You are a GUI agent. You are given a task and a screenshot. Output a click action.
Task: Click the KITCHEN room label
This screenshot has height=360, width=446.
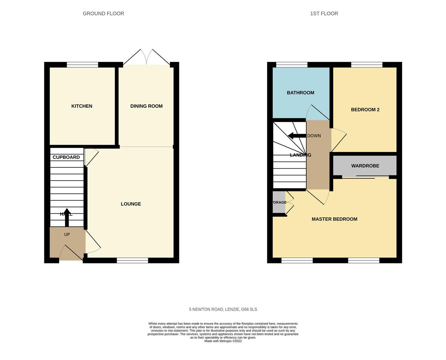coord(82,106)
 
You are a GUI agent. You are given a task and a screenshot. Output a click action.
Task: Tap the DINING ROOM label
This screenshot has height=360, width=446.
coord(146,106)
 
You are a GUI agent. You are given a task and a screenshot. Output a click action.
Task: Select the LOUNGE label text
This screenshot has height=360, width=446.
coord(131,204)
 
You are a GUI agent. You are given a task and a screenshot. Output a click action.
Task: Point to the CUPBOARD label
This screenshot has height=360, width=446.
coord(66,157)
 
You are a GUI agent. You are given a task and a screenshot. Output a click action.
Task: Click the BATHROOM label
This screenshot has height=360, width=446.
coord(300,93)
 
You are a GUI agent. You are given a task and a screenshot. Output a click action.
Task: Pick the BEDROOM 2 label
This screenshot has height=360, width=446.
coord(365,110)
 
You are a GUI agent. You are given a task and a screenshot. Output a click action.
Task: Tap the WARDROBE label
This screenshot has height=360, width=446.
coord(365,166)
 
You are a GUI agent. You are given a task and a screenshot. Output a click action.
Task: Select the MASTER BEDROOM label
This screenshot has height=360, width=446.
coord(334,219)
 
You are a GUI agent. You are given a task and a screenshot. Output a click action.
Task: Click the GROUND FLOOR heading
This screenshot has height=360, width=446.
coord(103,14)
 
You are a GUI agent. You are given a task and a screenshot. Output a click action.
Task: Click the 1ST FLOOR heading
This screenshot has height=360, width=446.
coord(324,14)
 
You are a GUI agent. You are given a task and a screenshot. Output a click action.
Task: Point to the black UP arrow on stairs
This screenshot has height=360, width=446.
coord(67,217)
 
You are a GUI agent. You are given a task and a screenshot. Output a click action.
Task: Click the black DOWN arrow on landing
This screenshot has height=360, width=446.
coord(297,136)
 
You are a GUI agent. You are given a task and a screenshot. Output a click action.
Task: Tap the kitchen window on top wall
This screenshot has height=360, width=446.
coord(82,65)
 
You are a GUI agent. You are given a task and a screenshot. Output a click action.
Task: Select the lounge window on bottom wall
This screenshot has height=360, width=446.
coord(132,260)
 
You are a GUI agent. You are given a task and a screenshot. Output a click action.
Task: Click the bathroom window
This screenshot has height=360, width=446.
coord(292,65)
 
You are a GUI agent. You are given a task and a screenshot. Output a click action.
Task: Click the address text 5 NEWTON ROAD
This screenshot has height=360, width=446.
coord(223,309)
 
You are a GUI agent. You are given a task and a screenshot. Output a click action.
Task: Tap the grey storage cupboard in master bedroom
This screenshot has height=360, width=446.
coord(279,202)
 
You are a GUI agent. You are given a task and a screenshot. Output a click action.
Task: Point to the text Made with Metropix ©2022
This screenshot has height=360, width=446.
coord(223,341)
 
